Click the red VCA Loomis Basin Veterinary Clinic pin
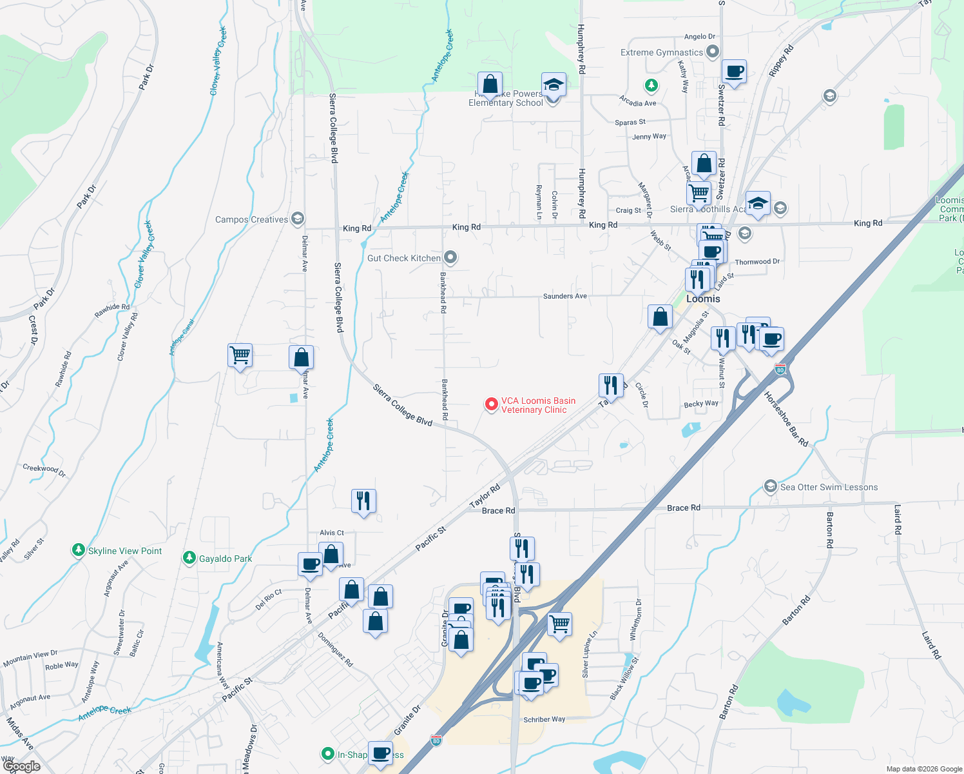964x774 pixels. coord(491,404)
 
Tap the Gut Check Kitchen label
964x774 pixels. coord(404,258)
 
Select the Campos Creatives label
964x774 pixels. coord(251,219)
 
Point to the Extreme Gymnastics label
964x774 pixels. coord(662,52)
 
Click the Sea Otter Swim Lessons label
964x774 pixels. coord(829,487)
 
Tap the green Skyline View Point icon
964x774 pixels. coord(79,550)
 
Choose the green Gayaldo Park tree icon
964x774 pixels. coord(189,558)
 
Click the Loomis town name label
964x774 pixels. coord(703,299)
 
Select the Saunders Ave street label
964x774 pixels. coord(564,296)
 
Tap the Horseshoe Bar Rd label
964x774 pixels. coord(786,419)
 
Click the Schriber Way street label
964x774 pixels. coord(544,719)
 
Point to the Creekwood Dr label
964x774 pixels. coord(44,470)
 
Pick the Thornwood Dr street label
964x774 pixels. coord(757,261)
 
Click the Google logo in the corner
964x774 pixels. coord(22,766)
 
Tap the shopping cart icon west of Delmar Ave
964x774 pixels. coord(240,355)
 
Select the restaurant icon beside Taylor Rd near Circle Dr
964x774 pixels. coord(611,386)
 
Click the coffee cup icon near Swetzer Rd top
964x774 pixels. coord(734,71)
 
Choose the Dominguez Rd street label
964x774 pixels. coord(335,649)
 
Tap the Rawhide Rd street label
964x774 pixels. coord(112,310)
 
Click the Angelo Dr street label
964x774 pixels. coord(699,37)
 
